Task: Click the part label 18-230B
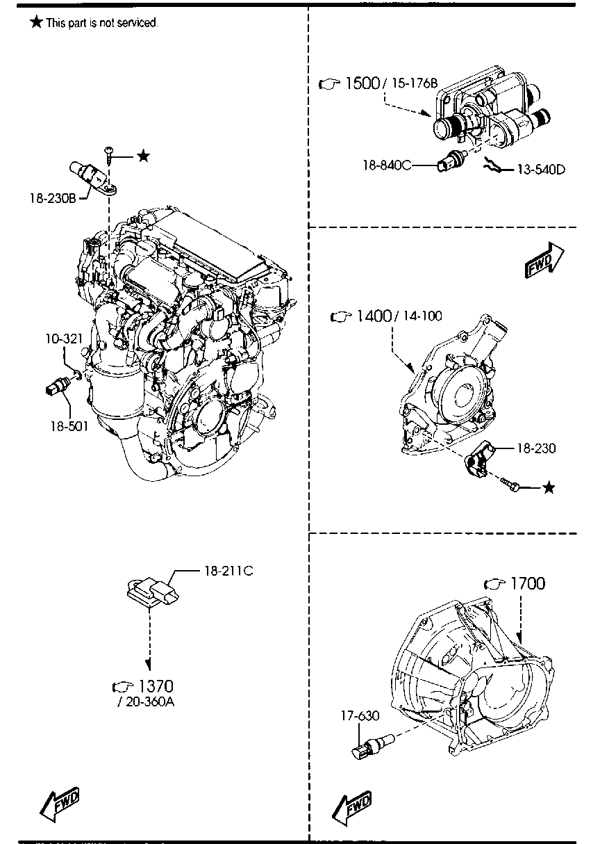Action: point(53,198)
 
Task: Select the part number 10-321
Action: point(64,339)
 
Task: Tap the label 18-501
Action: point(69,426)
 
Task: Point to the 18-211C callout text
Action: point(229,571)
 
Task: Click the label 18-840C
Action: point(387,165)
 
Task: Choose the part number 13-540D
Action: point(541,170)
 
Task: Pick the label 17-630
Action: point(360,715)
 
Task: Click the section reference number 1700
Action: point(528,583)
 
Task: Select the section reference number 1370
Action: point(156,686)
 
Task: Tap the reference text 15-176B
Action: point(415,83)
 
